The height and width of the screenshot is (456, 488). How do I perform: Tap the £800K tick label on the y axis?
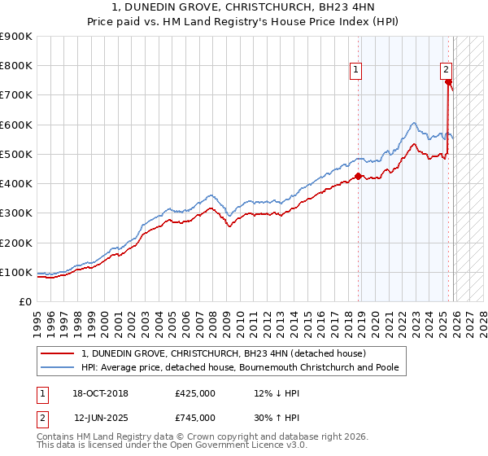(16, 66)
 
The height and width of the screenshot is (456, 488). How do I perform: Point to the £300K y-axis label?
(16, 213)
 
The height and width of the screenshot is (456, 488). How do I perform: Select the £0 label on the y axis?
(26, 301)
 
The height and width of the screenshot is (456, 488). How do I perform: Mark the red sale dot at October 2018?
(358, 176)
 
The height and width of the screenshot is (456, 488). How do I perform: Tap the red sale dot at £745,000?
(448, 82)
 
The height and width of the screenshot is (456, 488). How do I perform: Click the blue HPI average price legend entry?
(240, 368)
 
